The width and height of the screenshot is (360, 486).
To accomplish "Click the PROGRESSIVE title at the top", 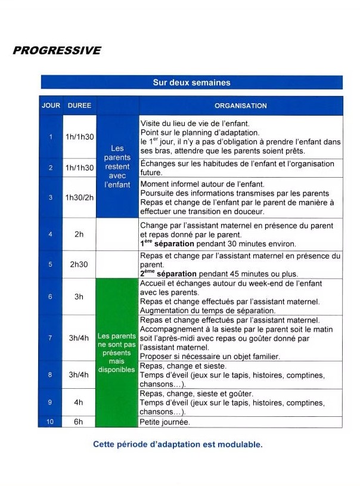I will coord(57,50).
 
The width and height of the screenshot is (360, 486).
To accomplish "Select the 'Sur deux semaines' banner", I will coord(191,82).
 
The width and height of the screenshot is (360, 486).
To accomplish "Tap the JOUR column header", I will coord(51,106).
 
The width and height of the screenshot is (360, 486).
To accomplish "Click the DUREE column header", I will coord(79,106).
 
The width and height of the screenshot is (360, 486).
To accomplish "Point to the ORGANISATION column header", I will coord(241,106).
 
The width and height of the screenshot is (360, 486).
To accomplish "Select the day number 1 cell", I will coord(51,137).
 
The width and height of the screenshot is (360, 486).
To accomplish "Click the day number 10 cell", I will coord(50,422).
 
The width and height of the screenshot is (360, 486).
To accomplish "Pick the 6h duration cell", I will coord(79,422).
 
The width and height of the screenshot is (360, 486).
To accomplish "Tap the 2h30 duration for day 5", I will coord(79,264).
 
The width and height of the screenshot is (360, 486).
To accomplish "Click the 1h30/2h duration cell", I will coord(79,197).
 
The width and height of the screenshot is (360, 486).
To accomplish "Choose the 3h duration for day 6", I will coord(79,296).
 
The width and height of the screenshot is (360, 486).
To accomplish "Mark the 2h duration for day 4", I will coord(79,234).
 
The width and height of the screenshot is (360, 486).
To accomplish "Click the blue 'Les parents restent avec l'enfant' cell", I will coord(117,166).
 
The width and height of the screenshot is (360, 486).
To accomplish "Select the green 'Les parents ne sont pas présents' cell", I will coord(117,352).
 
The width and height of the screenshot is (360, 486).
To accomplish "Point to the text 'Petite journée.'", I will coord(165,422).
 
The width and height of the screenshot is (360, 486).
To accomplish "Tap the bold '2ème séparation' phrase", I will coord(167,273).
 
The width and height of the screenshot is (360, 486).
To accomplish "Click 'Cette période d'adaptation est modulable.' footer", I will coord(178,444).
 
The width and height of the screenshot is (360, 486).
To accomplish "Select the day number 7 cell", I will coord(51,338).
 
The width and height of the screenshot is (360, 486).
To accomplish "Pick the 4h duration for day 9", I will coord(79,402).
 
